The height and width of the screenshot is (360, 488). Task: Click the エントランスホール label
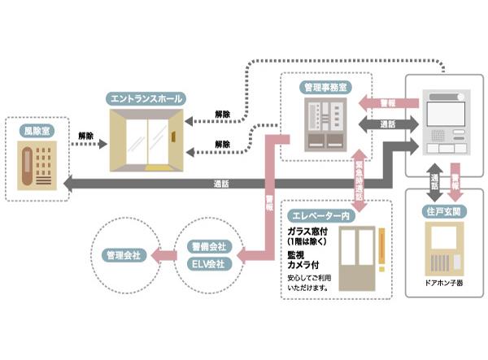[x=146, y=99]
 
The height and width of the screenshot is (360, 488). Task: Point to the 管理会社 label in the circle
[x=124, y=255]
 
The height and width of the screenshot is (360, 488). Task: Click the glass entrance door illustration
[x=146, y=141]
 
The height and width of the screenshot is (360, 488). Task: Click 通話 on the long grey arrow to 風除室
[x=221, y=183]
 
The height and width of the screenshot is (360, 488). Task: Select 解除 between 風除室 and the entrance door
[x=86, y=135]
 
